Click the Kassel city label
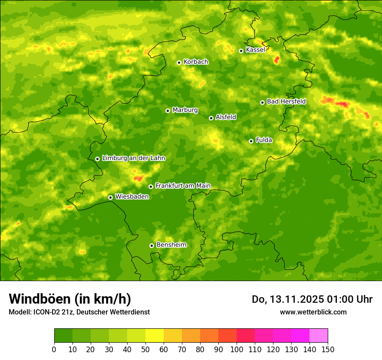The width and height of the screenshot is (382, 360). pyautogui.click(x=255, y=50)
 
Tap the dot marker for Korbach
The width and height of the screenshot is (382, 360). pyautogui.click(x=179, y=62)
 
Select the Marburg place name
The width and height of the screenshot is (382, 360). pyautogui.click(x=185, y=110)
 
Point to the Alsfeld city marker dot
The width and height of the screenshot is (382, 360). pyautogui.click(x=211, y=118)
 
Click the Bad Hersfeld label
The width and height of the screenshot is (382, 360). pyautogui.click(x=286, y=101)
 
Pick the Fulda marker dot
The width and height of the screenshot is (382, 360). pyautogui.click(x=251, y=141)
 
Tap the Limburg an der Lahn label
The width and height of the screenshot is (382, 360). pyautogui.click(x=134, y=158)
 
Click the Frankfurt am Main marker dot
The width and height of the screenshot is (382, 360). pyautogui.click(x=151, y=187)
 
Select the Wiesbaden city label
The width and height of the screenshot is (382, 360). pyautogui.click(x=132, y=196)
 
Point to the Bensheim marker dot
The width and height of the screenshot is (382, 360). pyautogui.click(x=151, y=245)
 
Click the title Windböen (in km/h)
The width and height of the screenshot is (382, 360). pyautogui.click(x=70, y=299)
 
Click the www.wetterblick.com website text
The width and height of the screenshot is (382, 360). pyautogui.click(x=313, y=312)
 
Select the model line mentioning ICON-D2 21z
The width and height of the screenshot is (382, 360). pyautogui.click(x=79, y=312)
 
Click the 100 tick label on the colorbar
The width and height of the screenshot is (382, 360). pyautogui.click(x=237, y=349)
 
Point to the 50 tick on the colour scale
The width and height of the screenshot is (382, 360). pyautogui.click(x=145, y=349)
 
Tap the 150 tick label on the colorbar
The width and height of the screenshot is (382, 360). pyautogui.click(x=328, y=349)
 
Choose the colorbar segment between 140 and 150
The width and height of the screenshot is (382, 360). pyautogui.click(x=319, y=335)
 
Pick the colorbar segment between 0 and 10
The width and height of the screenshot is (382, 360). pyautogui.click(x=63, y=335)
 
